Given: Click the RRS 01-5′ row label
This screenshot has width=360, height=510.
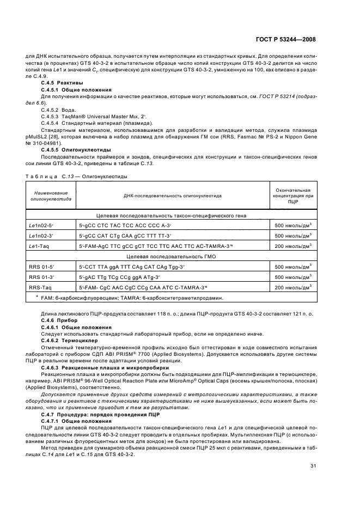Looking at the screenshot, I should click(x=38, y=266).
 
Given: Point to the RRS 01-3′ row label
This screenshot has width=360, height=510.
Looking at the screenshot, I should click(x=38, y=277).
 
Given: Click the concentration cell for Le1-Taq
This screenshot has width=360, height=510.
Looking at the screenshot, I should click(x=294, y=246).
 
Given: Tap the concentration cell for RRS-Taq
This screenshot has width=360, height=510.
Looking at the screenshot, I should click(x=294, y=287).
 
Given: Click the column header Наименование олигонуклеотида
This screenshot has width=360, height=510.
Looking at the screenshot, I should click(x=47, y=197).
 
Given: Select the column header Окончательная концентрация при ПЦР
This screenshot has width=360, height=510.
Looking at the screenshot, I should click(x=294, y=196).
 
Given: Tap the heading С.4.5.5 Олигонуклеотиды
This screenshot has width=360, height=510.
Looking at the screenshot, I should click(x=76, y=149).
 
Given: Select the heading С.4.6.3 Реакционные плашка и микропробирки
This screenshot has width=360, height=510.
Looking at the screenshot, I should click(x=96, y=368).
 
